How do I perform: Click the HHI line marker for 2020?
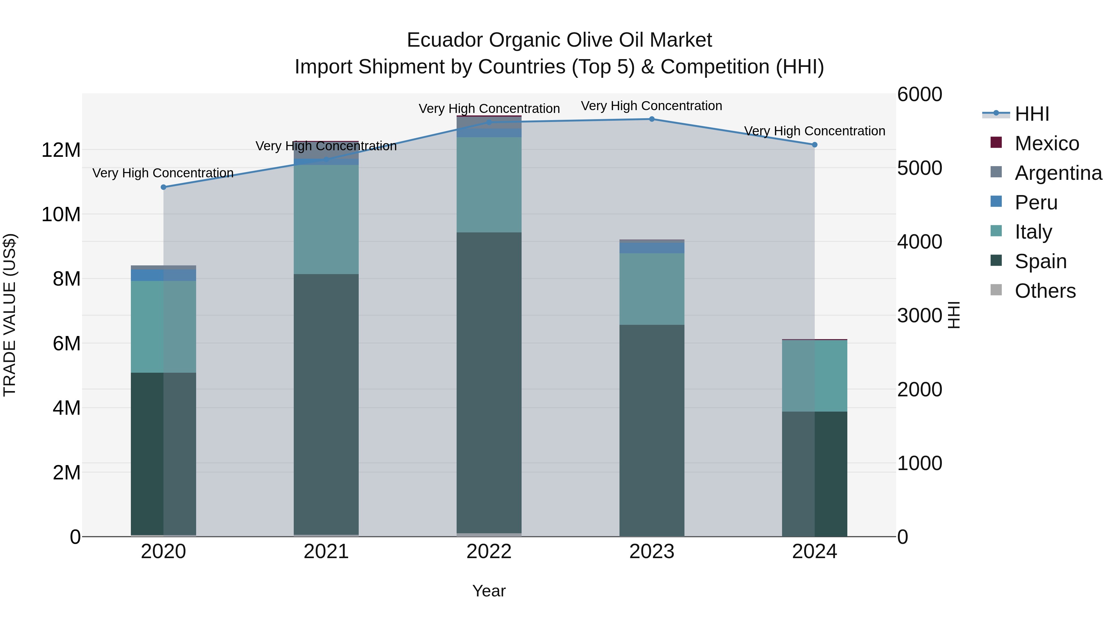[163, 187]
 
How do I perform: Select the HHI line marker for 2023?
[652, 119]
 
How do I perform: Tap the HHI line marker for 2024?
[814, 145]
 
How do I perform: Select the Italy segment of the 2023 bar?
[652, 289]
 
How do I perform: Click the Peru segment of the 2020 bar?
[163, 275]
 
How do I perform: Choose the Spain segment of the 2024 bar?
[814, 474]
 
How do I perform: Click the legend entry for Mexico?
[1047, 143]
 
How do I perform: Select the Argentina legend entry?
[1058, 173]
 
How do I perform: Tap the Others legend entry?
[1045, 291]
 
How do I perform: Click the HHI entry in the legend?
[1032, 114]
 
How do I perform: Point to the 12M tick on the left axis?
[61, 150]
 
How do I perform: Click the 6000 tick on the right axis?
[920, 94]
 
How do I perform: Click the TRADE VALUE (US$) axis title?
[10, 315]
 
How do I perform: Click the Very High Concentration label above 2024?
[814, 131]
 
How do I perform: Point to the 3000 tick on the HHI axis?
[920, 316]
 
